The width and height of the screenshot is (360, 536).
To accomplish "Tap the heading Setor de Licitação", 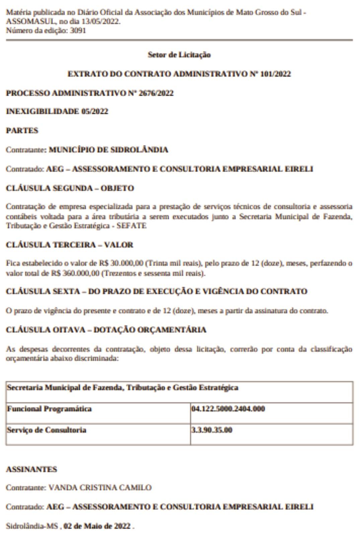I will [179, 55].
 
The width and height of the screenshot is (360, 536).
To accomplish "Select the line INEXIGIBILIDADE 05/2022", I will [57, 112].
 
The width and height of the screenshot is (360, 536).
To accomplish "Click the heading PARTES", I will [22, 130].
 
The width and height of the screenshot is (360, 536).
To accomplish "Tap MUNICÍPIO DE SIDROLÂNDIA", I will [109, 150].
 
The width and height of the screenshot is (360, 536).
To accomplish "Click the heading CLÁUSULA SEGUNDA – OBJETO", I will [70, 188].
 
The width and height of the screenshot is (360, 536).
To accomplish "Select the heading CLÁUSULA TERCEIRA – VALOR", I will [69, 245].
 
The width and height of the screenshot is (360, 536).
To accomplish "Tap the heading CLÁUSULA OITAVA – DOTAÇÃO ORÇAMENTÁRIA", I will [106, 330].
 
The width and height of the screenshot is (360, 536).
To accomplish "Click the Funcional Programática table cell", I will [49, 409].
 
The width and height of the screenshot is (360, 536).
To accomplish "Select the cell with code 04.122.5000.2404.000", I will [228, 409].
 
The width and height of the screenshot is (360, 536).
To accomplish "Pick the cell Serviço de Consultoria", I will [47, 430].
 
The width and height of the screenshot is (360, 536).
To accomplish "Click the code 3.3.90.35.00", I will [212, 430].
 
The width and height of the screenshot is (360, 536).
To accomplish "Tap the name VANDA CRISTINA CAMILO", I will [100, 487].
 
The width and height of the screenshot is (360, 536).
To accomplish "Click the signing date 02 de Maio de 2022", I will [97, 526].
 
